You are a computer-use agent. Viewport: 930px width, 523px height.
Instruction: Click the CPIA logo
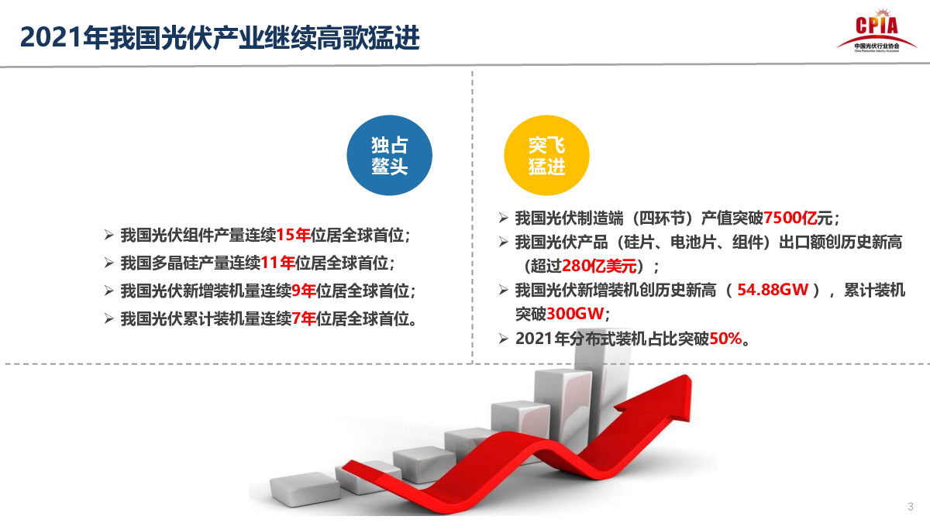point(877,31)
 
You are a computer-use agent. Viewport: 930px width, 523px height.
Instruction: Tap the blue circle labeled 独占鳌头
point(389,155)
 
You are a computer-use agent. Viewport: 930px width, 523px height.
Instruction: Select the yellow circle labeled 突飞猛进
point(547,155)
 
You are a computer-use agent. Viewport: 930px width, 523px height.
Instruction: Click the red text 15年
point(293,236)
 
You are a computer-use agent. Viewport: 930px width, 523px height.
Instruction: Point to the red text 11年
point(277,263)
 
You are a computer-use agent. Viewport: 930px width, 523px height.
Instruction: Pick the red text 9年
point(304,291)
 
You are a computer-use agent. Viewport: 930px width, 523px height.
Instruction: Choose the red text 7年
point(304,318)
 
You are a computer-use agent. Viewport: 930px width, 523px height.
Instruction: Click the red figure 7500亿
point(790,218)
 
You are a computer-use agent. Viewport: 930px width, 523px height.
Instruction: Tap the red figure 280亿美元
point(599,266)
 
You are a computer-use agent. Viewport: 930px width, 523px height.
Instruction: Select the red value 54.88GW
point(773,290)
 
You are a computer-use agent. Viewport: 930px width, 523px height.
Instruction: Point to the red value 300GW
point(575,314)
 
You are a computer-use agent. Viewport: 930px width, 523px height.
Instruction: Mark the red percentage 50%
point(725,339)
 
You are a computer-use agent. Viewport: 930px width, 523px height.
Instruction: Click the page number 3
point(911,507)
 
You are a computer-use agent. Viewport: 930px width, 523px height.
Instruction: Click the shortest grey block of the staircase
point(305,489)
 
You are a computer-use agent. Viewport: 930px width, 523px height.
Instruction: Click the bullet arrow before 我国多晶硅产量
point(109,263)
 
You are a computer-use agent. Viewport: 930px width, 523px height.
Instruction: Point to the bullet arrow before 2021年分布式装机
point(504,339)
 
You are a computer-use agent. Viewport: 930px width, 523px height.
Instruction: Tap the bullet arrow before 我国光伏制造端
point(504,218)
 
